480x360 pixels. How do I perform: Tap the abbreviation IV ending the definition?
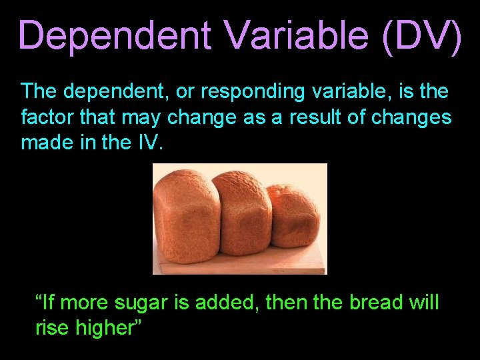pyautogui.click(x=149, y=143)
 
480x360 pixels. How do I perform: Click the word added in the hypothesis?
pyautogui.click(x=226, y=303)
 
